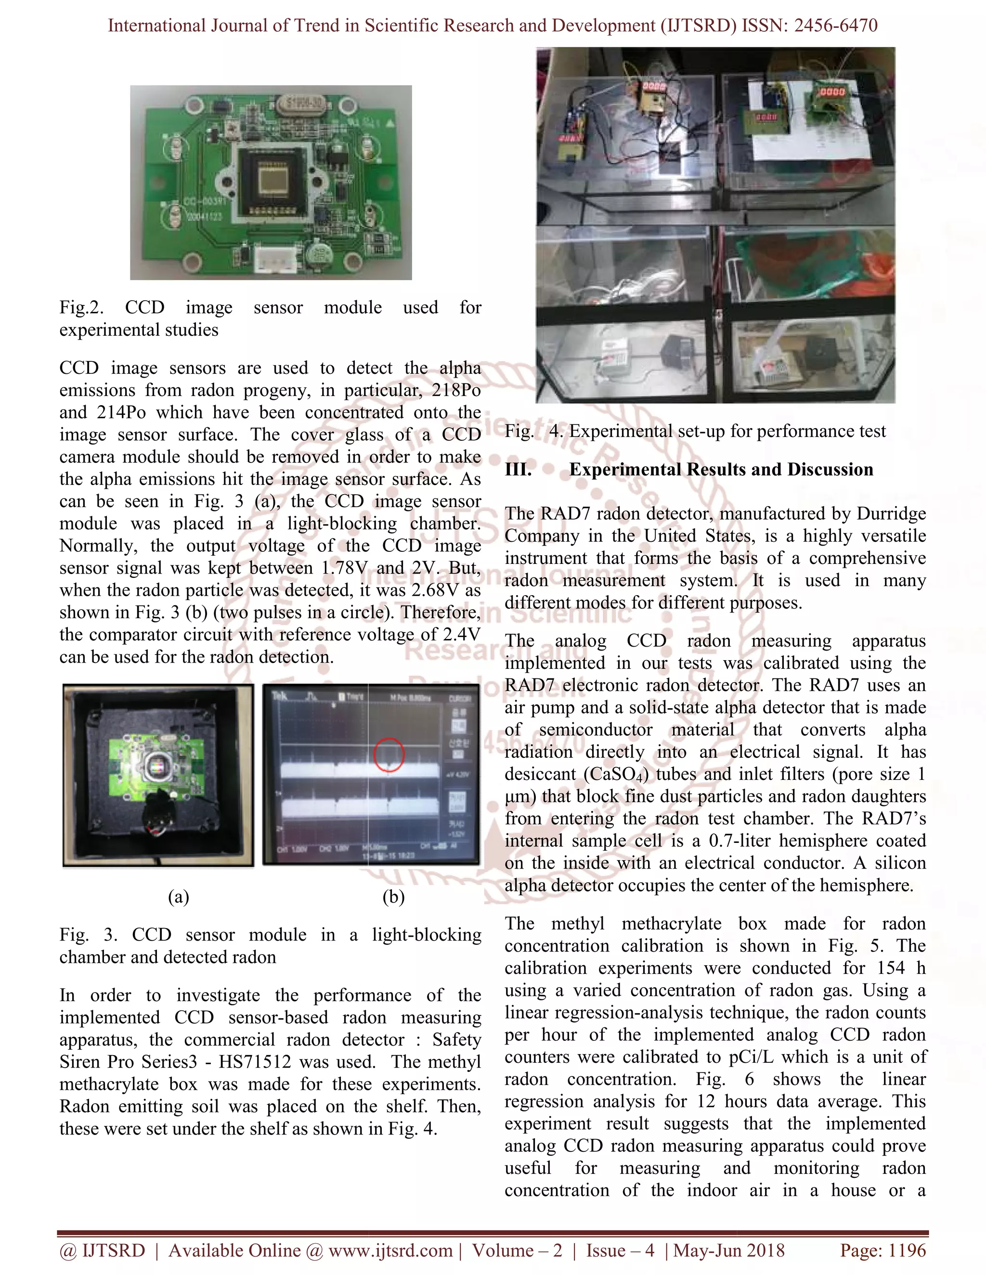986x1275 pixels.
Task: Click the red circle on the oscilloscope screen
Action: point(389,755)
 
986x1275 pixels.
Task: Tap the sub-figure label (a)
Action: point(178,897)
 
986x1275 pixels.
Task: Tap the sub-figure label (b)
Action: point(393,897)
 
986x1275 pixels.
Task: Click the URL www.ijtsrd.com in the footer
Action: point(390,1250)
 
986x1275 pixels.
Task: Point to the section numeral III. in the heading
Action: point(518,470)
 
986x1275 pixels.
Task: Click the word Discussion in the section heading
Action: point(830,470)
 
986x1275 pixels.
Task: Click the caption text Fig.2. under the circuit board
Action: point(81,307)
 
